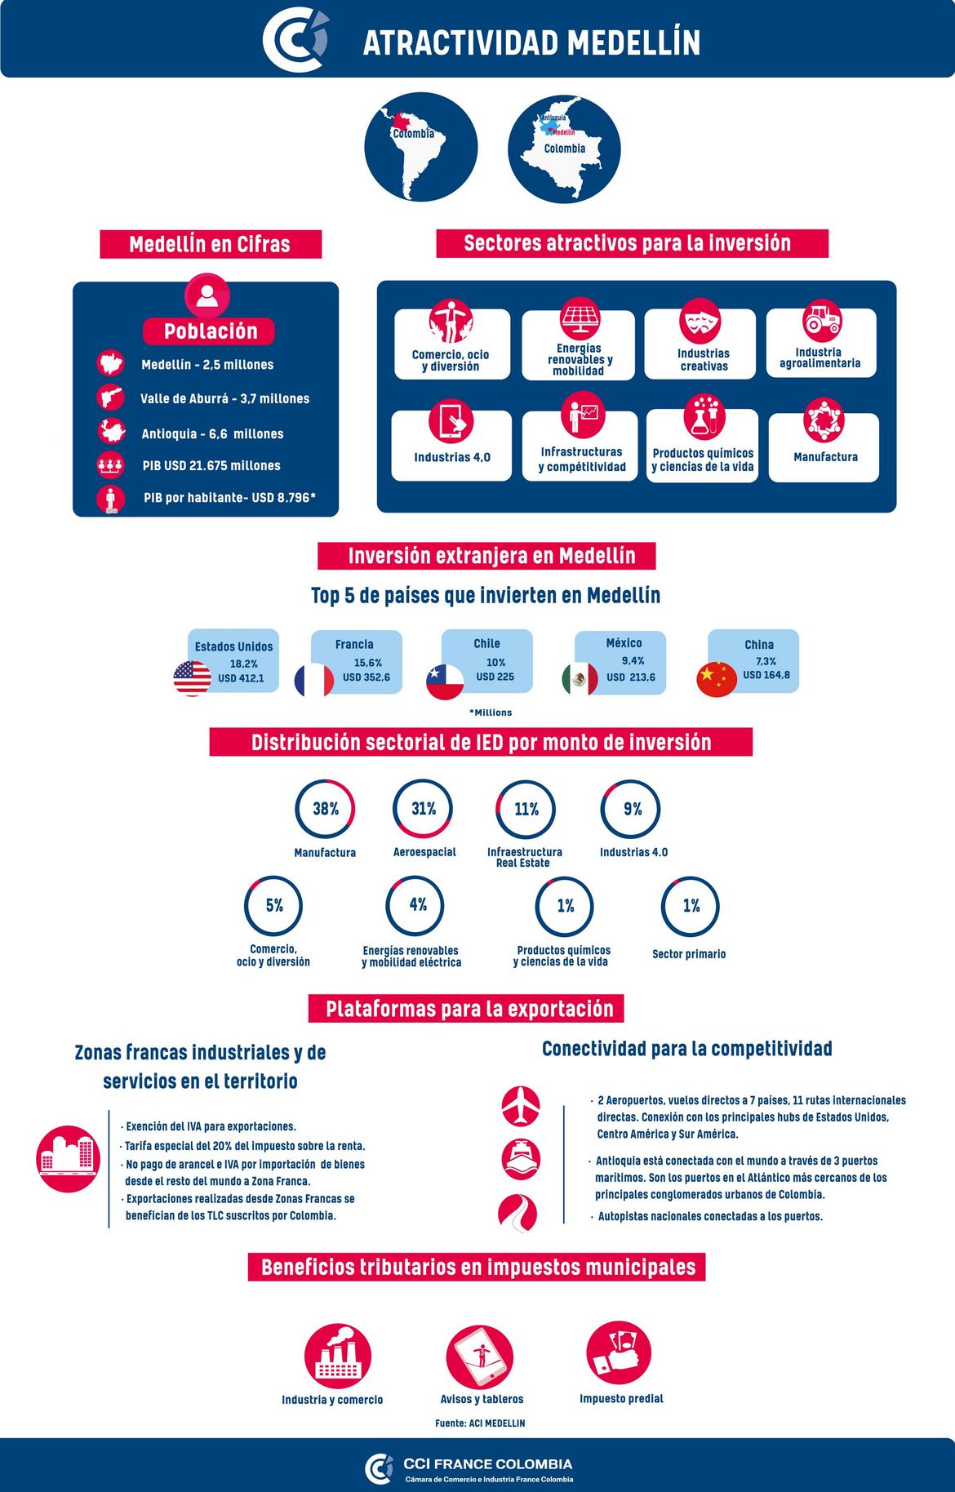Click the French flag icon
pos(314,681)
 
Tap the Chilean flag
pos(445,682)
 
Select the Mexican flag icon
pos(580,679)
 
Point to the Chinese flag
pos(717,678)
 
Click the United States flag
pos(193,678)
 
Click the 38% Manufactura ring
pos(325,809)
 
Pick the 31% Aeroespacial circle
pos(423,809)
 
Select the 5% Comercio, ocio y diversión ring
pos(273,906)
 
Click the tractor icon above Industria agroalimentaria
pos(822,320)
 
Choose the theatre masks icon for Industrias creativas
pos(700,320)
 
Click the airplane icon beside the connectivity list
pos(521,1106)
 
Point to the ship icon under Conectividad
pos(521,1157)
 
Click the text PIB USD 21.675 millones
pos(211,465)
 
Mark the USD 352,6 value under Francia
pos(366,677)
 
